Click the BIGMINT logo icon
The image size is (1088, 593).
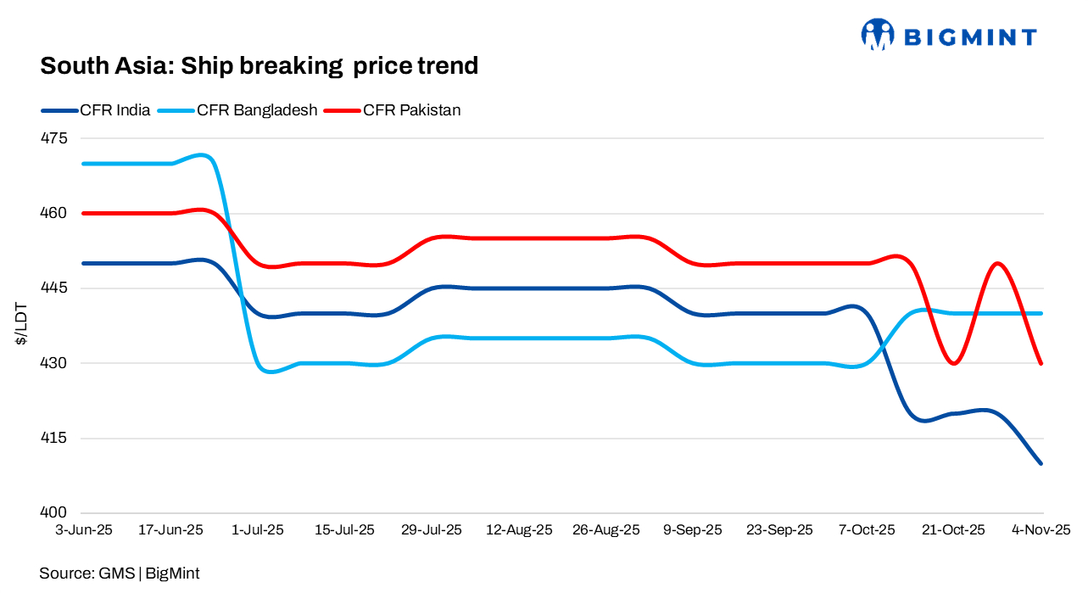pos(878,35)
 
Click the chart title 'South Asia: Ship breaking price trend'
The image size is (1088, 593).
pos(259,65)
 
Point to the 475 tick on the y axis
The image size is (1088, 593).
pos(64,138)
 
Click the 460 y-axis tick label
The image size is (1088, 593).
pos(64,213)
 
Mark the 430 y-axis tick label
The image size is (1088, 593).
pos(64,363)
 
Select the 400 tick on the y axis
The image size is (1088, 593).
pos(64,513)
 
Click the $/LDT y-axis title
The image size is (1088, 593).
pos(21,326)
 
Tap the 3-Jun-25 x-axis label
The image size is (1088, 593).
pos(83,530)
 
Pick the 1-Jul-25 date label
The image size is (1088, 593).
pos(258,530)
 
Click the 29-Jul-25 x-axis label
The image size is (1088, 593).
pos(432,530)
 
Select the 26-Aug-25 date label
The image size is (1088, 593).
pos(606,530)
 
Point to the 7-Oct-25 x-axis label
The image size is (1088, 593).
pos(868,530)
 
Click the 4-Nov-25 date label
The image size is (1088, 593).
pos(1042,530)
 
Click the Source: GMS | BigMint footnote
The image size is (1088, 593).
pos(120,573)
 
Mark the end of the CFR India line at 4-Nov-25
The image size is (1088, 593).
pos(1041,463)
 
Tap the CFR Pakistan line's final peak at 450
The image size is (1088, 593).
pos(998,263)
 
